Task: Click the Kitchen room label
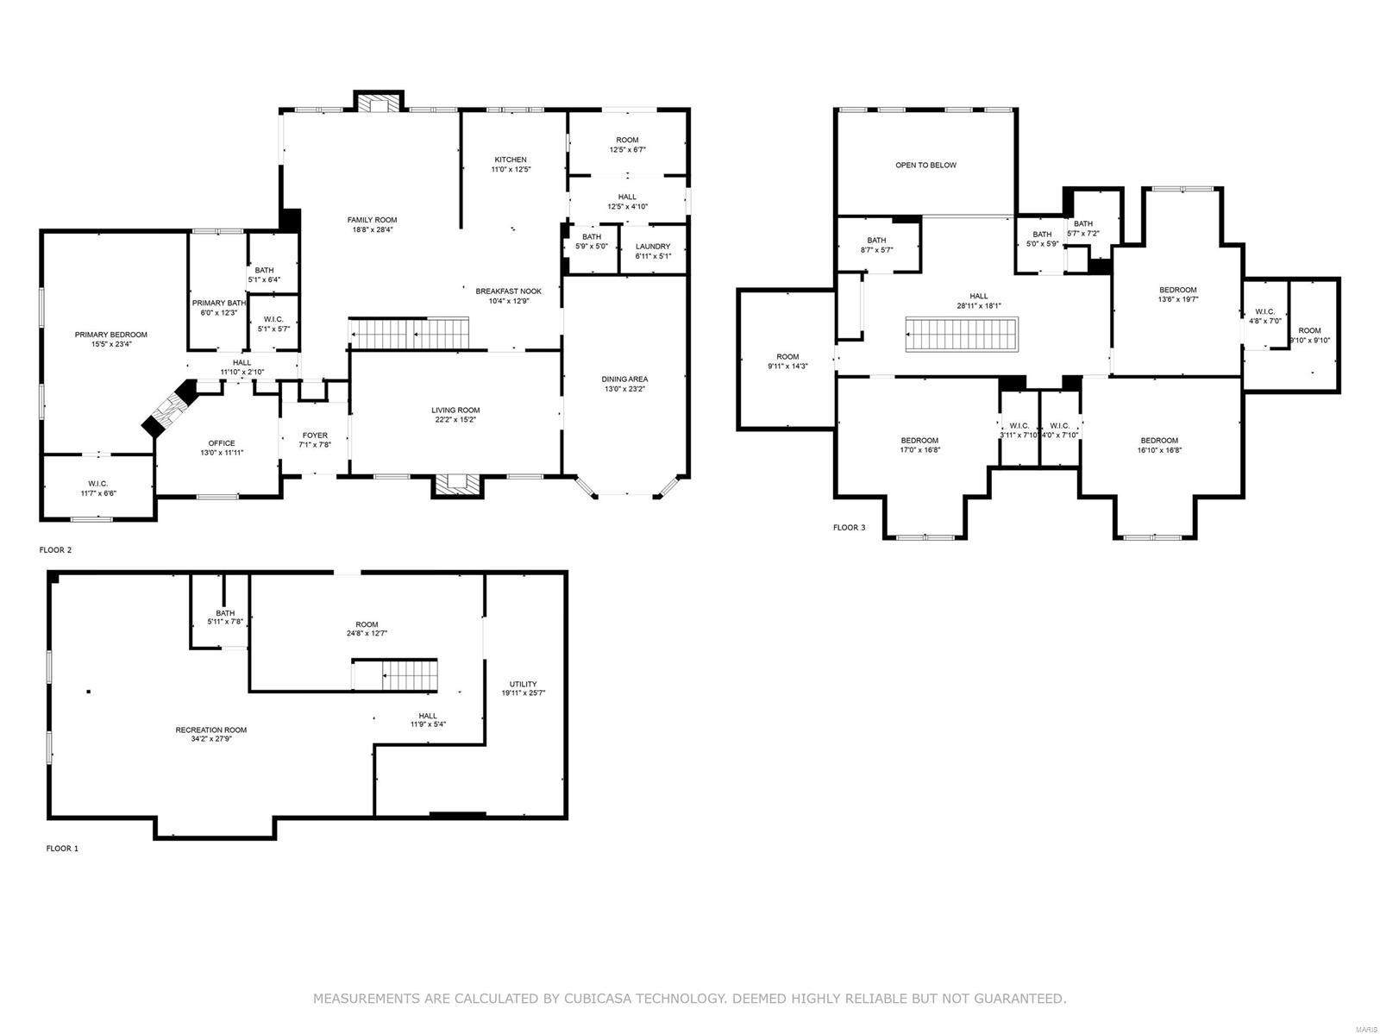[510, 160]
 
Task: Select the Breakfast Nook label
[508, 291]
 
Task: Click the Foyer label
[315, 436]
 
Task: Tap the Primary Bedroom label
[110, 335]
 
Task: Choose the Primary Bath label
[218, 303]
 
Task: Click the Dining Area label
[624, 379]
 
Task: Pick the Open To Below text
[925, 165]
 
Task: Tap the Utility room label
[523, 684]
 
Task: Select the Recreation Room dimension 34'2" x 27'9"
[211, 740]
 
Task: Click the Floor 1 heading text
[62, 849]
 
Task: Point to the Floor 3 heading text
[849, 528]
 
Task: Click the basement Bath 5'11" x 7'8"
[225, 617]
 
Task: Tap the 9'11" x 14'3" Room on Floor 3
[787, 361]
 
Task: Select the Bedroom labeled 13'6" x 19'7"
[1177, 295]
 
